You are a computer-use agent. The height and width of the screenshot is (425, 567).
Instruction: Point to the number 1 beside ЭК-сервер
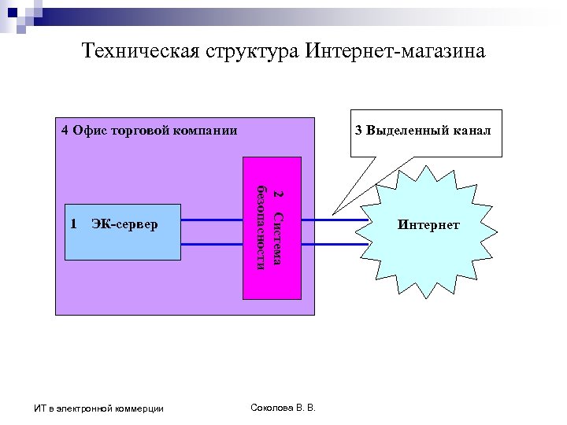[73, 224]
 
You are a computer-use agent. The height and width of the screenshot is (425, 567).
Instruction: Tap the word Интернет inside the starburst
[428, 226]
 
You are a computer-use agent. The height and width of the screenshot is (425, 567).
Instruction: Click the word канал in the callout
[472, 131]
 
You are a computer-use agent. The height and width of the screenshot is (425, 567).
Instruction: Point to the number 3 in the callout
[358, 131]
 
